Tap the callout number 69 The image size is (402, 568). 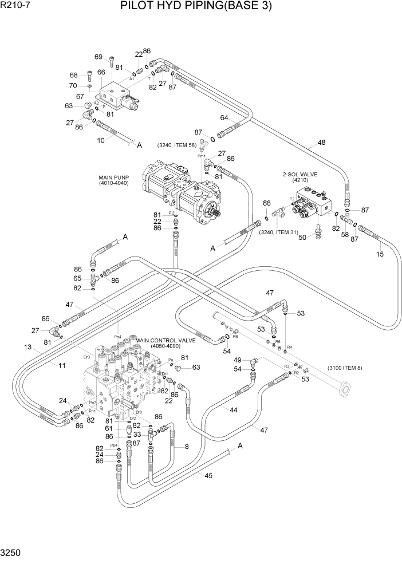pyautogui.click(x=98, y=57)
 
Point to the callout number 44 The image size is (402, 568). pyautogui.click(x=234, y=411)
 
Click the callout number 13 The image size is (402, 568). pyautogui.click(x=27, y=347)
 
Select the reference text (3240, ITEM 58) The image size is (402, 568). pyautogui.click(x=177, y=145)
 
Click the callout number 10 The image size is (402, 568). pyautogui.click(x=101, y=139)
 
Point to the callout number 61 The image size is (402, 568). pyautogui.click(x=109, y=428)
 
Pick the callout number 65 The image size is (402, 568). pyautogui.click(x=77, y=278)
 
